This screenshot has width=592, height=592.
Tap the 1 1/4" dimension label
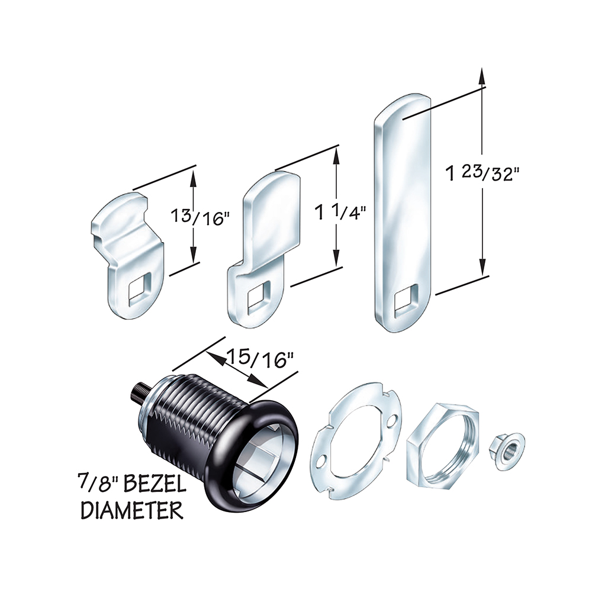[340, 213]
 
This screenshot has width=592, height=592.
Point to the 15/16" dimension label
[260, 359]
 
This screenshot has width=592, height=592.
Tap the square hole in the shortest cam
[139, 289]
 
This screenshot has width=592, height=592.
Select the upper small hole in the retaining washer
[393, 420]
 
